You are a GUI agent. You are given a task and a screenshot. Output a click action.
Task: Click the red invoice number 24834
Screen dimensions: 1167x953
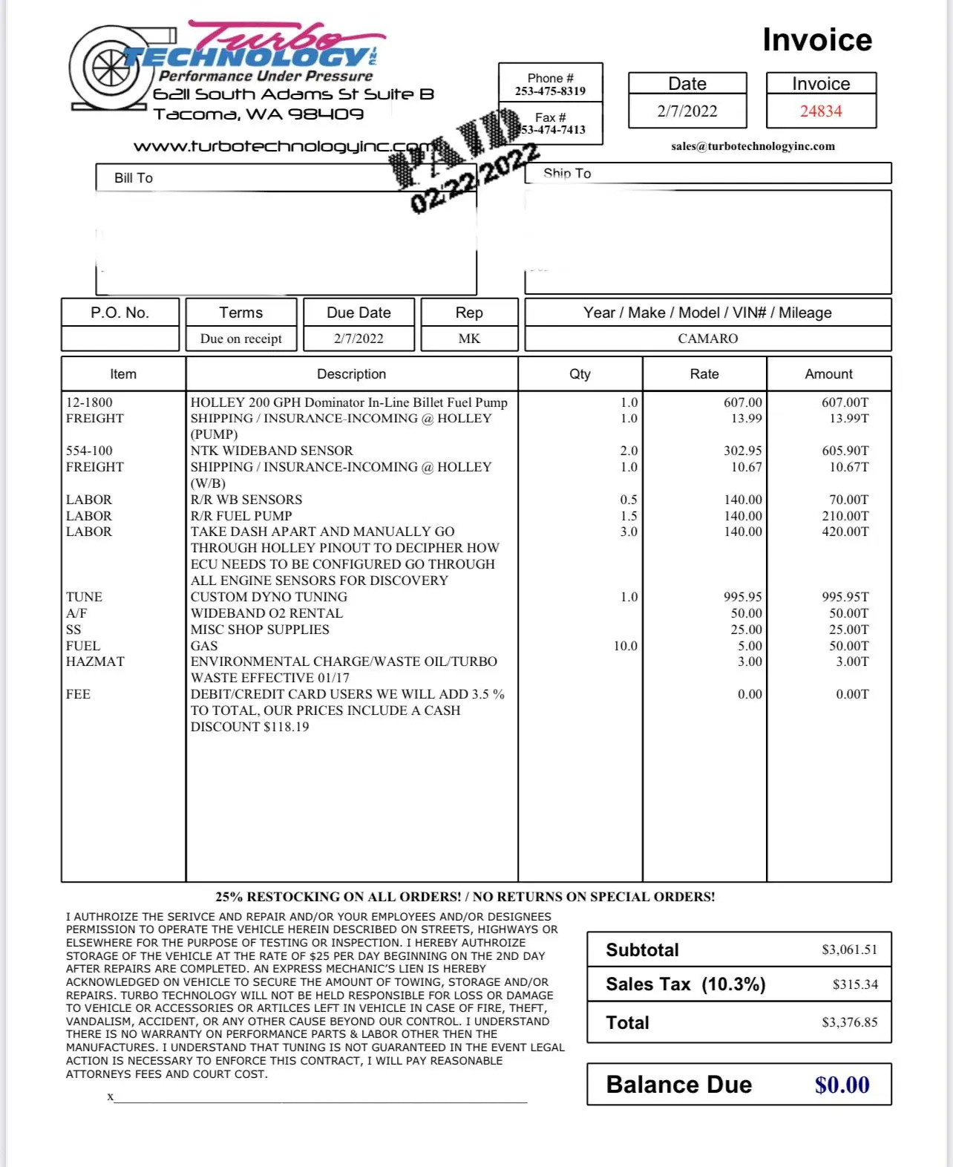pyautogui.click(x=821, y=111)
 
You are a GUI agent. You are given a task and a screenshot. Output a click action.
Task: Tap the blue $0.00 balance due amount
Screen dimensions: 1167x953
pyautogui.click(x=842, y=1085)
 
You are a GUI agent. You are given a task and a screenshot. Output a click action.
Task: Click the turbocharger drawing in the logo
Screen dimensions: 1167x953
pyautogui.click(x=108, y=69)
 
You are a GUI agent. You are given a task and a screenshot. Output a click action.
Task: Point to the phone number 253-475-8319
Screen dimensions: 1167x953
pyautogui.click(x=550, y=91)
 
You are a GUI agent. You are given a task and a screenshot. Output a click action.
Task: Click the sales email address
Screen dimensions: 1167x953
pyautogui.click(x=753, y=146)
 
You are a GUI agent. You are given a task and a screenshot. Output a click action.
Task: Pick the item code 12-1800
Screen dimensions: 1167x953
pyautogui.click(x=89, y=402)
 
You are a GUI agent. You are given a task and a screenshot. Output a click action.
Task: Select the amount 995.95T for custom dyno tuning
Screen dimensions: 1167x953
pyautogui.click(x=845, y=597)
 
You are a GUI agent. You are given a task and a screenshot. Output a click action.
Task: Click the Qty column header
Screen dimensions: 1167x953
pyautogui.click(x=580, y=374)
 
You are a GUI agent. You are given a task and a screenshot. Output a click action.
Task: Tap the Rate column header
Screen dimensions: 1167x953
pyautogui.click(x=704, y=374)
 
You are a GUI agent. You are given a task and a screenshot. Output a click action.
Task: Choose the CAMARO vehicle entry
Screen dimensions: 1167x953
pyautogui.click(x=707, y=339)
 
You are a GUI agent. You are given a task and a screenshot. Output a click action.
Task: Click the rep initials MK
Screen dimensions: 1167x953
pyautogui.click(x=469, y=339)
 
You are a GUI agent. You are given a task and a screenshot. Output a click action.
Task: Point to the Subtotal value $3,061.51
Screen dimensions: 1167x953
pyautogui.click(x=849, y=949)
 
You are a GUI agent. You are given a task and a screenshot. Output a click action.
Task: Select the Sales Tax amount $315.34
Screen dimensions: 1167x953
pyautogui.click(x=855, y=984)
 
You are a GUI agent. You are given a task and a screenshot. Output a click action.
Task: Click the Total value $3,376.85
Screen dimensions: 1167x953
pyautogui.click(x=849, y=1022)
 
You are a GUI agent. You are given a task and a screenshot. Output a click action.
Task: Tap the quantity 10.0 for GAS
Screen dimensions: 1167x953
pyautogui.click(x=625, y=646)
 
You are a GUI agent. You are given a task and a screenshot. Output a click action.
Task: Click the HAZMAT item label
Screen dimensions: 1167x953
pyautogui.click(x=95, y=661)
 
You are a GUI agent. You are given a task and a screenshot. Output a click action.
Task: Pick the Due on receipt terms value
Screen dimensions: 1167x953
pyautogui.click(x=240, y=339)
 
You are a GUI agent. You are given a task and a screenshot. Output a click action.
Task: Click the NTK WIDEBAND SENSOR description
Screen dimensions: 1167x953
pyautogui.click(x=272, y=451)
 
